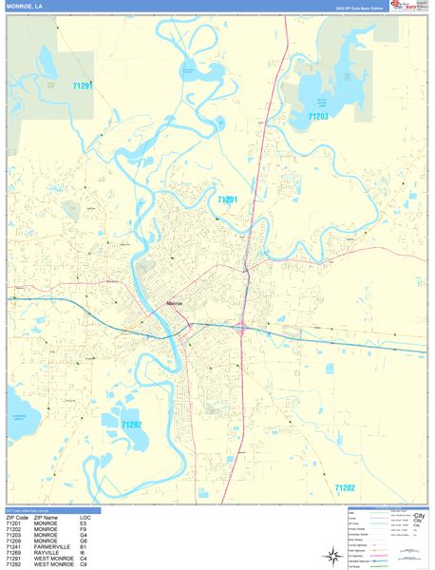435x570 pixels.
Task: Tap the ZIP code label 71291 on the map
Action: [83, 85]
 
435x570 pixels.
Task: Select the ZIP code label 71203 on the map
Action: [318, 117]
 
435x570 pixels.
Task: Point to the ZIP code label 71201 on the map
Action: [227, 199]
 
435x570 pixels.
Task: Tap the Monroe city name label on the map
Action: [176, 303]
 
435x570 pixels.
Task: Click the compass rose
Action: [332, 554]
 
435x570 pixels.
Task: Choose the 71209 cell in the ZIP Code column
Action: [13, 541]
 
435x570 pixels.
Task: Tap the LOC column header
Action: [85, 517]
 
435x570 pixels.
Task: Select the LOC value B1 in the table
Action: [84, 547]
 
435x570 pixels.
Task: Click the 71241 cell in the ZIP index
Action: [13, 547]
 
